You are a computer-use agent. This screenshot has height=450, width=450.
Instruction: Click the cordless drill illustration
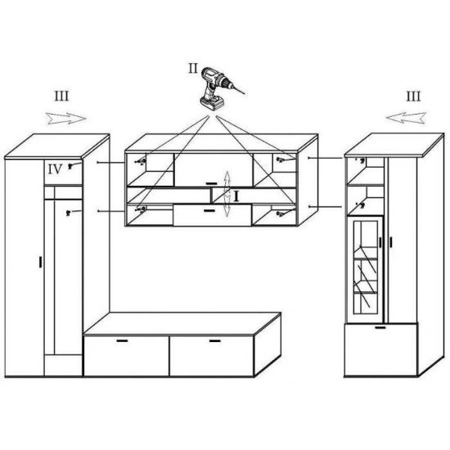coord(219,88)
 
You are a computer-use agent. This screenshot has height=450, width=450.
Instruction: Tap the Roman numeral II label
coord(193,68)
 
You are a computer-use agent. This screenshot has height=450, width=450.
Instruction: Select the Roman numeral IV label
coord(55,169)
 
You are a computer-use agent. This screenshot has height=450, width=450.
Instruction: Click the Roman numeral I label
coord(236,196)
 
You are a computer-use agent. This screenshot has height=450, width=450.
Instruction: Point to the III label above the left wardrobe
coord(61,97)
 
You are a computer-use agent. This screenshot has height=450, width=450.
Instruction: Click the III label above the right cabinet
coord(413,97)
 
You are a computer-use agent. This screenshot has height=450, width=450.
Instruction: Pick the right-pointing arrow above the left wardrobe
coord(66,119)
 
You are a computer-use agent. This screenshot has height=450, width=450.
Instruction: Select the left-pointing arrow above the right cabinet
coord(406,118)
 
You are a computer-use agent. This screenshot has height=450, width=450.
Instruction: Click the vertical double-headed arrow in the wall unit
coord(227,194)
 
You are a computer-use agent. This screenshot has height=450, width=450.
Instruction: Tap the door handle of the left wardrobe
coord(40,262)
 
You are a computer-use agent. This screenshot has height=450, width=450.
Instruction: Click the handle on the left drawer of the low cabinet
coord(122,340)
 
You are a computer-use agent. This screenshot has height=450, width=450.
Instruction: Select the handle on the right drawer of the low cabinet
coord(215,341)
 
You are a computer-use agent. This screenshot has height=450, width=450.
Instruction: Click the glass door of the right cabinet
coord(366,268)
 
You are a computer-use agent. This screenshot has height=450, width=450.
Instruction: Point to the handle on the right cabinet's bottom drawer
coord(380,327)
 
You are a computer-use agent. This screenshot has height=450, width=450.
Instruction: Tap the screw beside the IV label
coord(70,165)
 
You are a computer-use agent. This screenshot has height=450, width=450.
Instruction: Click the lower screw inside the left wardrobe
coord(68,213)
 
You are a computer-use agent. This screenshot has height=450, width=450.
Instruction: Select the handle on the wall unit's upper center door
coord(212,183)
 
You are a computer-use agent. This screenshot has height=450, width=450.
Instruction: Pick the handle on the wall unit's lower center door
coord(209,211)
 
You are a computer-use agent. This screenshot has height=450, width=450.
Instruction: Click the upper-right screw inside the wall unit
coord(280,160)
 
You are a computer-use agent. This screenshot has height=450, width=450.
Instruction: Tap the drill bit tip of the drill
coord(245,94)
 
